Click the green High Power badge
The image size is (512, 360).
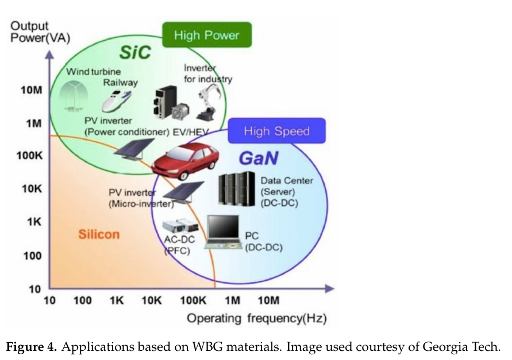tap(206, 36)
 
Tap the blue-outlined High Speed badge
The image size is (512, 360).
tap(276, 131)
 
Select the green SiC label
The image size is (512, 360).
tap(135, 52)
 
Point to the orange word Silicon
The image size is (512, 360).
tap(99, 234)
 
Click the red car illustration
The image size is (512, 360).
tap(186, 160)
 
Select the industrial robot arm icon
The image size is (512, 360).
tap(209, 98)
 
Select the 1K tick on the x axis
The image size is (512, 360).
tap(117, 300)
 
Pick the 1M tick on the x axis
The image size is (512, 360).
tap(232, 300)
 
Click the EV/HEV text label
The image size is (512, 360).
tap(191, 131)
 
